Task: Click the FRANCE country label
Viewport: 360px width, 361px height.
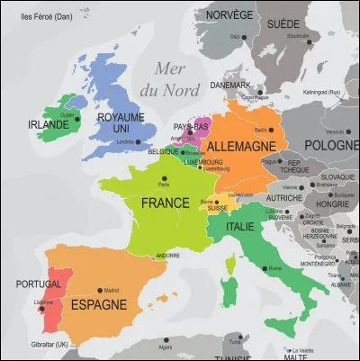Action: [165, 203]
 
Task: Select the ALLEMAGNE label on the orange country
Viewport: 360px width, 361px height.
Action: [244, 145]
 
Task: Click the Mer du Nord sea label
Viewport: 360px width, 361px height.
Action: [175, 77]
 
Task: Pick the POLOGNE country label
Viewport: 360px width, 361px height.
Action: [331, 146]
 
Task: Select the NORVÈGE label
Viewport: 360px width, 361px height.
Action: [229, 15]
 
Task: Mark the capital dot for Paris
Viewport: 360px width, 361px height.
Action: [165, 177]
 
